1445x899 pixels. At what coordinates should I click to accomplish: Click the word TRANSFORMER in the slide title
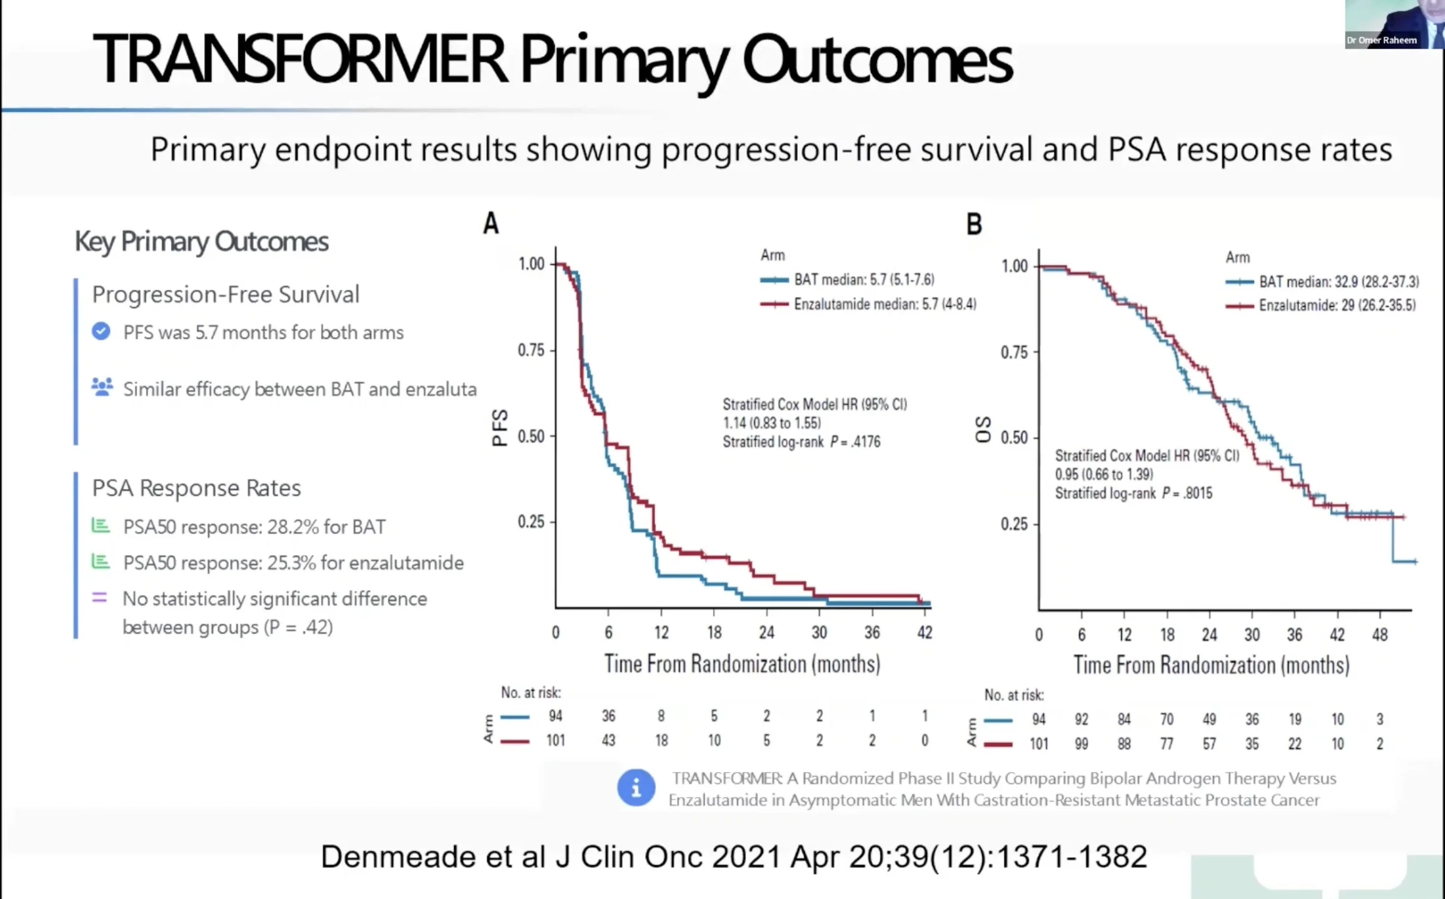click(x=299, y=59)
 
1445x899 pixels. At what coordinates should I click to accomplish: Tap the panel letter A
click(x=491, y=224)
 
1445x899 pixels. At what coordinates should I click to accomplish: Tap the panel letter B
click(x=974, y=224)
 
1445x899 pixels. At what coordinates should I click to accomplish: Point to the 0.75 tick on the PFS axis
click(x=531, y=350)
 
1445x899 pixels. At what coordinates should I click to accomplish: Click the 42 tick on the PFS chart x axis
click(x=925, y=632)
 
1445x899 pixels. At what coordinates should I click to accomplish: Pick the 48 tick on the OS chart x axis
click(x=1379, y=635)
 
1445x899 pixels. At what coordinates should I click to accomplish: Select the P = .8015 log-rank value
click(x=1187, y=493)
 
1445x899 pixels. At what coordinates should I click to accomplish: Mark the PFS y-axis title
click(x=500, y=428)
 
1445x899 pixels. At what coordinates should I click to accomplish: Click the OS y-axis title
click(x=983, y=430)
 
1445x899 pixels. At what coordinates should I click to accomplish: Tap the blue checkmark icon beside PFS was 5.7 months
click(x=101, y=332)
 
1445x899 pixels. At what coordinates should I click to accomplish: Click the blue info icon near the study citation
click(x=636, y=788)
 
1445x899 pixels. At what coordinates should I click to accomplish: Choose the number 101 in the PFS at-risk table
click(x=555, y=740)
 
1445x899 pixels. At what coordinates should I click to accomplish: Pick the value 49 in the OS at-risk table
click(x=1209, y=719)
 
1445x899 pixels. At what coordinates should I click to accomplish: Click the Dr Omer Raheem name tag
click(x=1381, y=41)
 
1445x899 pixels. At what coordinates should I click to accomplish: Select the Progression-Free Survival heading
click(x=225, y=295)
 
